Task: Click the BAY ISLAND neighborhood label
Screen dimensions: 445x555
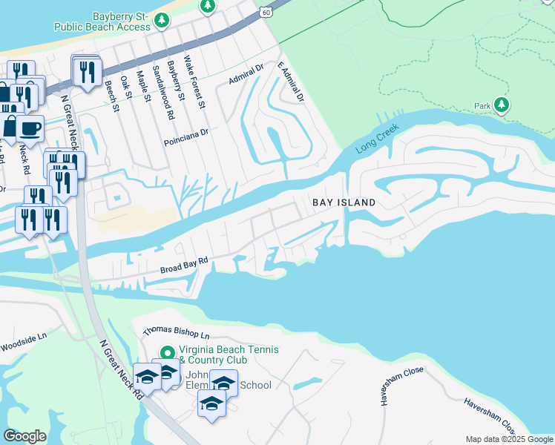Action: point(343,202)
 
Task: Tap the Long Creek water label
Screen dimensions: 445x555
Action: point(377,139)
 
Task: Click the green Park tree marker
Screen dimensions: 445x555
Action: point(502,105)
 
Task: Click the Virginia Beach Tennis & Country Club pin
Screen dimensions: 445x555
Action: point(167,353)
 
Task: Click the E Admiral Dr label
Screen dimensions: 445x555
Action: point(291,82)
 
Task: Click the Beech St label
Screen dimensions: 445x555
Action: point(111,96)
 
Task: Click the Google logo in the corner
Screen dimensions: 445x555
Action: point(24,436)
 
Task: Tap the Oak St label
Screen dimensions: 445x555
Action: point(126,88)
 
